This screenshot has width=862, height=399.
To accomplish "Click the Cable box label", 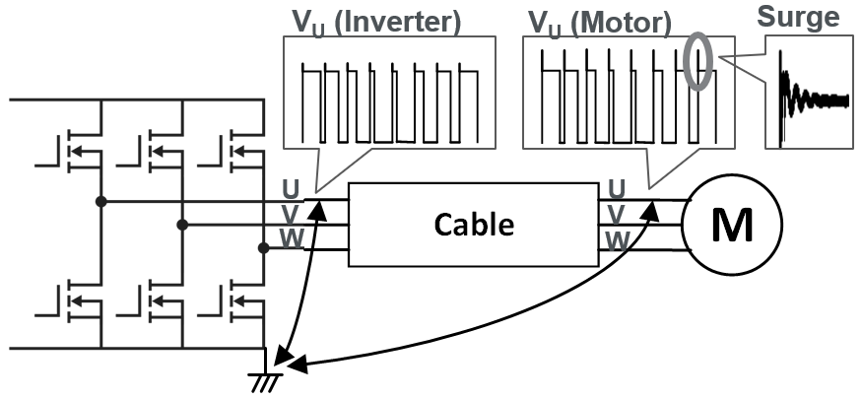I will (x=474, y=225).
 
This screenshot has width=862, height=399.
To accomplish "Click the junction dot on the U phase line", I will (x=99, y=202).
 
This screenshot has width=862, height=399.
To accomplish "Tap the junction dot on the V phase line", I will (x=182, y=225).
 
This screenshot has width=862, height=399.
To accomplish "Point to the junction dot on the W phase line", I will (x=263, y=248).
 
